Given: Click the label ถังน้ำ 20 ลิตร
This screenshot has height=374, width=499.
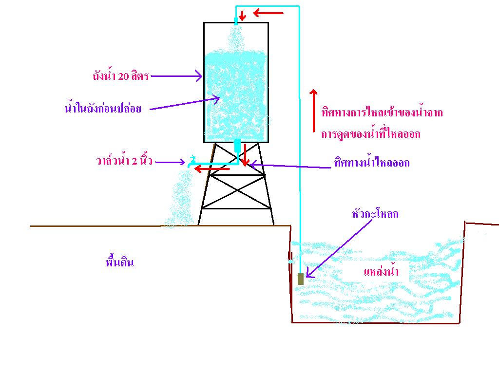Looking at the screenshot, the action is point(121,75).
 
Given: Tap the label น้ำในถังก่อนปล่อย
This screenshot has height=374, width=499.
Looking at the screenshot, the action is point(103,108).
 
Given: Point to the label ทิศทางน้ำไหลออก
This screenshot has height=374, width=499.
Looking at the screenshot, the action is point(372,163).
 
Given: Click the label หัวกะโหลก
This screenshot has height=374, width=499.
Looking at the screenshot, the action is point(375,214).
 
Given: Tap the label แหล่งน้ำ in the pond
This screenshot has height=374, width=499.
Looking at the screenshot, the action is point(381,271).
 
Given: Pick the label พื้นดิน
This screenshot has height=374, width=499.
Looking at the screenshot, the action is point(119,262).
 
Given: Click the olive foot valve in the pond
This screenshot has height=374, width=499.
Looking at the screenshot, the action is point(300,279).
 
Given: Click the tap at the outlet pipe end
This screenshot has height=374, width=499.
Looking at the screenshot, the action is point(191,161).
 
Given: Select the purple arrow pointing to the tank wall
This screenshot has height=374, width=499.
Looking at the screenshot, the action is point(176,76).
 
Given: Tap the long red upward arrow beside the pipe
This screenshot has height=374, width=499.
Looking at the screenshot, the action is point(313,111).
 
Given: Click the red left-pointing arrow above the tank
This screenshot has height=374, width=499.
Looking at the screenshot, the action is point(269,13).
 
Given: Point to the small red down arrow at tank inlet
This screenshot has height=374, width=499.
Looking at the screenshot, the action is point(243,16).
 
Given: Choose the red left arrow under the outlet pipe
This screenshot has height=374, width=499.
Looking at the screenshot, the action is point(212,169).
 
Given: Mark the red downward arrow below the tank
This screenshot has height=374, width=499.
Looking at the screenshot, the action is point(245,155).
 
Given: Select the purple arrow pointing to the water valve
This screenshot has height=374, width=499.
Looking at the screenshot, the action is point(170,162).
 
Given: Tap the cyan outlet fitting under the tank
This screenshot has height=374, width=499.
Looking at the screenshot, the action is point(237,146).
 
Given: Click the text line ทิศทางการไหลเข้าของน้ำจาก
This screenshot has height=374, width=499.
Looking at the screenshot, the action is point(382,112).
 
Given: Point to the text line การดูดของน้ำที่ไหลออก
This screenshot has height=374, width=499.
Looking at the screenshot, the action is point(371,133).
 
